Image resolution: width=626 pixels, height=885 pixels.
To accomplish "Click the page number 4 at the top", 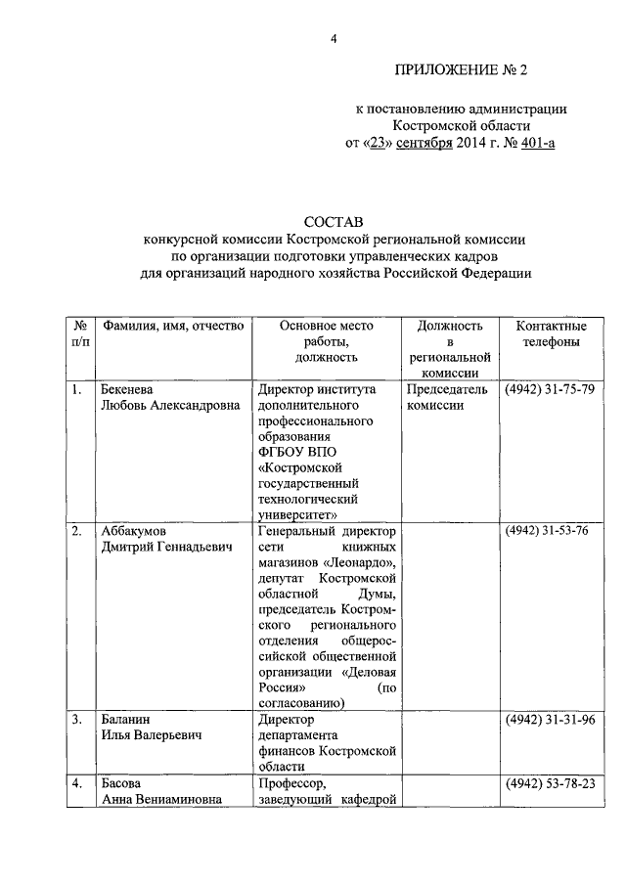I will (334, 39).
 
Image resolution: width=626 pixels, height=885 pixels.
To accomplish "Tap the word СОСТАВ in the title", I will (334, 224).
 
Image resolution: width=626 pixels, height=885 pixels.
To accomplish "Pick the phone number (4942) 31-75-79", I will (549, 390).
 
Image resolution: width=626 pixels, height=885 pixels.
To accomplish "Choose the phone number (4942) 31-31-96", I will (549, 720).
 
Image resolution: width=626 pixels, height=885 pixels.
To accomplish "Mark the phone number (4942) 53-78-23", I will (549, 783).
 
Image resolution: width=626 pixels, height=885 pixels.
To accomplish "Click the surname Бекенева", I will (130, 390).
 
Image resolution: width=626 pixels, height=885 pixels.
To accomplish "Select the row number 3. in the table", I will (76, 720).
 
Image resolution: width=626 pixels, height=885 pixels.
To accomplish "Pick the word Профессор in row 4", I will (291, 783).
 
